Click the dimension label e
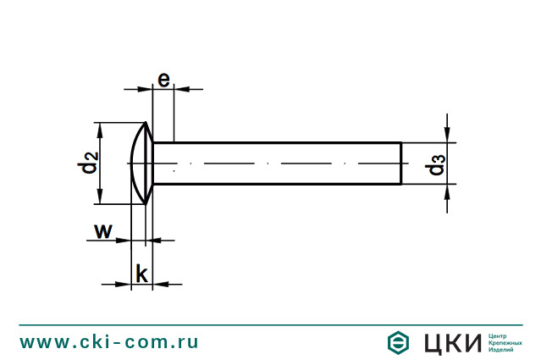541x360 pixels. [163, 79]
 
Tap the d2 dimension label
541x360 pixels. [89, 162]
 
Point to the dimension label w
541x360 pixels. [102, 230]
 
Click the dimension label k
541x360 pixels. [142, 274]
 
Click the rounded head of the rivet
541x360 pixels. [141, 162]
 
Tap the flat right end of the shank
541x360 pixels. [400, 163]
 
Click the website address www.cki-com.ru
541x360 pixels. [109, 341]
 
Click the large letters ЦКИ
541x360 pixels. [447, 342]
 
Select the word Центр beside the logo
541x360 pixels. [498, 335]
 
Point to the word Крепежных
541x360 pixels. [505, 342]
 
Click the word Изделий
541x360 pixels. [502, 350]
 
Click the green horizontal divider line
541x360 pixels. [271, 324]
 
